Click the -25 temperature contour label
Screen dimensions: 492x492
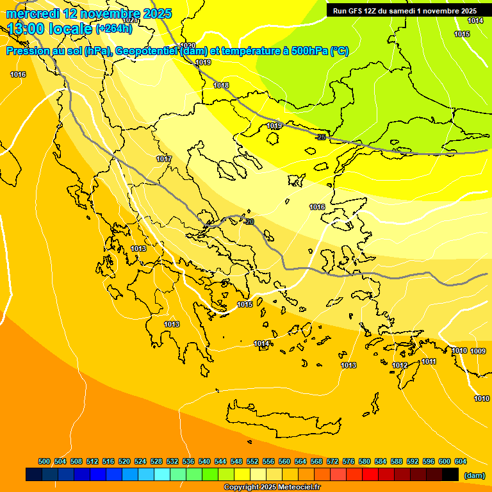tap(321, 137)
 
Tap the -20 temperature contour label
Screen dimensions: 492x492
tap(249, 222)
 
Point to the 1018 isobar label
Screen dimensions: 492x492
tap(221, 85)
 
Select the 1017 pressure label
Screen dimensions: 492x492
tap(164, 159)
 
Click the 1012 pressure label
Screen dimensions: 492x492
tap(400, 365)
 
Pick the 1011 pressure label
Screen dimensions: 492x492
tap(429, 361)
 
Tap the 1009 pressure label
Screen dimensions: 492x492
tap(478, 351)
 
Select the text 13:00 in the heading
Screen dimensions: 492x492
tap(26, 29)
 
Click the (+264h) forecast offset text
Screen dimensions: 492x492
tap(113, 29)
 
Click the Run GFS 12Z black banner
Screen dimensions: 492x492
tap(405, 11)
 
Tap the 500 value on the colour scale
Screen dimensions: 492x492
tap(44, 461)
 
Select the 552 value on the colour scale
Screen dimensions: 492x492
tap(252, 461)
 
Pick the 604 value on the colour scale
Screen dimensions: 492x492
tap(461, 461)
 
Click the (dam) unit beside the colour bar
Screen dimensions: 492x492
tap(474, 475)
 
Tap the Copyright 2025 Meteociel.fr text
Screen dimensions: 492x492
tap(272, 488)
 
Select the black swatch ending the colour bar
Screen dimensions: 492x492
tap(450, 475)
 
